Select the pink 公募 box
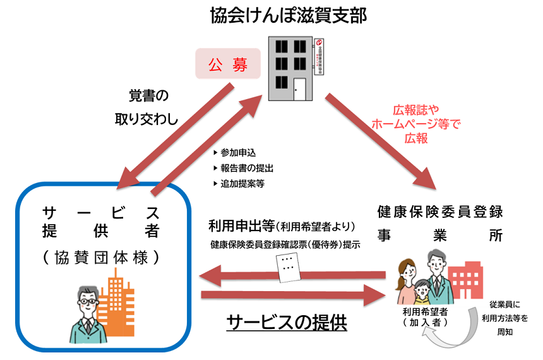tap(229, 64)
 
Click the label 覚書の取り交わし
tap(146, 107)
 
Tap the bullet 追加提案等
tap(238, 184)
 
